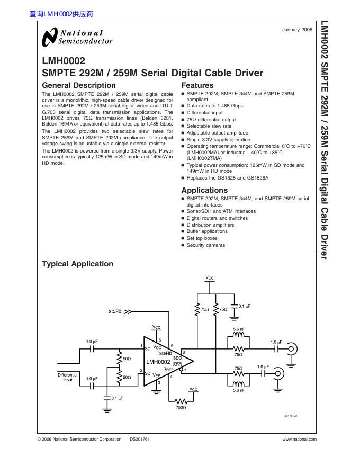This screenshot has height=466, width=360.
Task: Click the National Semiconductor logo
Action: click(77, 37)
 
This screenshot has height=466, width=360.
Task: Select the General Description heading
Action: click(78, 85)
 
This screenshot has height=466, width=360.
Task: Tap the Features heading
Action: click(197, 85)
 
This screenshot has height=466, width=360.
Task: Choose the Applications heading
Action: click(204, 190)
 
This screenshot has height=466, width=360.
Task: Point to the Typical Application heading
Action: click(77, 264)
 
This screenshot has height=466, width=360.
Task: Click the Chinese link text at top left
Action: click(61, 14)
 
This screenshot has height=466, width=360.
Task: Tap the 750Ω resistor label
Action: click(182, 407)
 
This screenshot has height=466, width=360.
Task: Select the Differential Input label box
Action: click(68, 378)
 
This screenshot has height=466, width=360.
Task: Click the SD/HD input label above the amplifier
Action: click(115, 311)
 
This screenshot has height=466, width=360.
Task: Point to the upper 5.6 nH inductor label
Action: click(239, 329)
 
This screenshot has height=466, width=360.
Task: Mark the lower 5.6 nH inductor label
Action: click(239, 390)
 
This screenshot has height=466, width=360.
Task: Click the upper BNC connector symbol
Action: click(291, 349)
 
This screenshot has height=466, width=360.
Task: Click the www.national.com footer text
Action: click(300, 439)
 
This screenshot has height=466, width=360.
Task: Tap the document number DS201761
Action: click(140, 439)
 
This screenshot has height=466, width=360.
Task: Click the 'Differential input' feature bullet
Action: click(204, 113)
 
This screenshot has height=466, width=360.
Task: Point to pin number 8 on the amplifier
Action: click(184, 352)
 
